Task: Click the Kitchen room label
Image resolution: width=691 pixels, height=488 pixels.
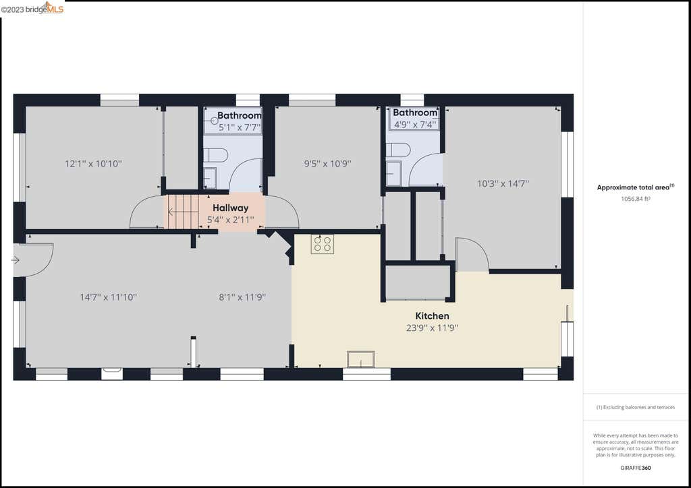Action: (433, 316)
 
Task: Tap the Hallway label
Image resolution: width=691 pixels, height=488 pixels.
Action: (231, 208)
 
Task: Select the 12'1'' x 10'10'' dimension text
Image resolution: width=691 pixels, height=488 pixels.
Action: (93, 164)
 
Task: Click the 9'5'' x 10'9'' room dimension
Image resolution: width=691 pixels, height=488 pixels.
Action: (327, 164)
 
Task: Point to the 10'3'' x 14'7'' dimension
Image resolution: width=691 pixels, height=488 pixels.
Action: (503, 183)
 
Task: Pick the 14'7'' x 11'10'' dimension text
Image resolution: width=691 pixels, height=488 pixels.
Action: (109, 297)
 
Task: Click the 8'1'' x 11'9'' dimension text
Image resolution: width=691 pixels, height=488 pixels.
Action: (242, 297)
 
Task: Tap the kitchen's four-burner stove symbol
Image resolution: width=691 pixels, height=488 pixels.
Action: (322, 244)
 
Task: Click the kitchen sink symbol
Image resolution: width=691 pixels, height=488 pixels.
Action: (361, 359)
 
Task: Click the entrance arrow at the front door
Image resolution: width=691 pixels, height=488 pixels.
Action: (16, 260)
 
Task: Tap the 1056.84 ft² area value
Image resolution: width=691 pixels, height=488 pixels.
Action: (636, 199)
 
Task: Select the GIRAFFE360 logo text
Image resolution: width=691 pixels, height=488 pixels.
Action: (636, 468)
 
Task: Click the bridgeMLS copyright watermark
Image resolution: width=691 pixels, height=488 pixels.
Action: (32, 9)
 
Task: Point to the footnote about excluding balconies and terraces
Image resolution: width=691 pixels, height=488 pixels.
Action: (636, 408)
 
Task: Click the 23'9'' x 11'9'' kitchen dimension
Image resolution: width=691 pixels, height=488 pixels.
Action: (433, 328)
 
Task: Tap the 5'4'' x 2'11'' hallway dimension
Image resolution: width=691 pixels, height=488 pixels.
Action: (231, 220)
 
